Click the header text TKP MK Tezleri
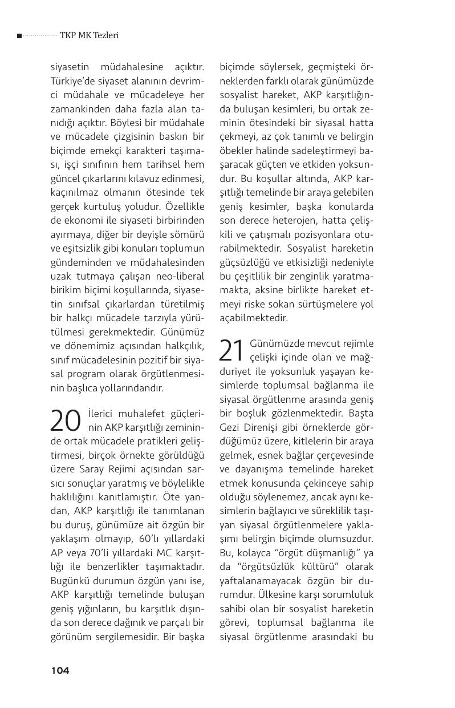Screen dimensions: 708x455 tap(89, 35)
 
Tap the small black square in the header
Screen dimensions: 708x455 tap(19, 36)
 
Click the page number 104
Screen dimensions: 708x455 tap(60, 670)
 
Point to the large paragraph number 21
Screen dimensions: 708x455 tap(233, 351)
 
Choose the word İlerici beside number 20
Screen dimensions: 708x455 tap(100, 413)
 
